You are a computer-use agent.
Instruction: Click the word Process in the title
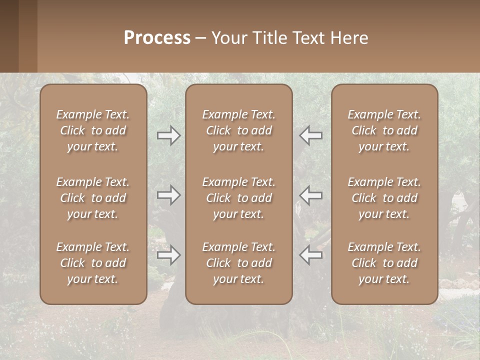157,38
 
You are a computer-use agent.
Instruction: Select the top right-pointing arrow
168,135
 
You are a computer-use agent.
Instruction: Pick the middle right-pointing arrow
168,195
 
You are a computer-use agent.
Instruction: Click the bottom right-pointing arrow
168,255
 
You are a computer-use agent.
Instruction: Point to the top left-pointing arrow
311,135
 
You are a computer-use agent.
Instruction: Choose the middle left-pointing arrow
311,195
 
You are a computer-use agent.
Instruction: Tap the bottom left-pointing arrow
311,255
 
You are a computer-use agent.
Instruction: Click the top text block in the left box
93,130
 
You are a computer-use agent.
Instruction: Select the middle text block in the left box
93,198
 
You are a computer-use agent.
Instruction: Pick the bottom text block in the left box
93,263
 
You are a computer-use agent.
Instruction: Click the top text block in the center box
239,130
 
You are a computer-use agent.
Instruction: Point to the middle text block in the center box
239,198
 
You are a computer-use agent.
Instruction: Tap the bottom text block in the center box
239,263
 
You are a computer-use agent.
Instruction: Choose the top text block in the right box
384,130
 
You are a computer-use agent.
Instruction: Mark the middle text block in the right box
384,198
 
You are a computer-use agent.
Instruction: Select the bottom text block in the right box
384,263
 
